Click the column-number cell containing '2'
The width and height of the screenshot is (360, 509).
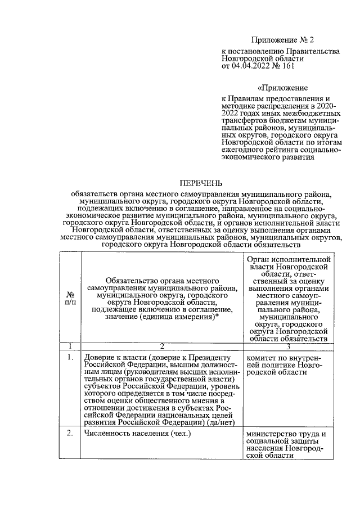click(161, 345)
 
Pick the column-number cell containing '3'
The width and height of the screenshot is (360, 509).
click(287, 345)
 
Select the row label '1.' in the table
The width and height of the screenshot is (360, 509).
click(71, 357)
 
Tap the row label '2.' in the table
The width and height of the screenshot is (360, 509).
click(71, 433)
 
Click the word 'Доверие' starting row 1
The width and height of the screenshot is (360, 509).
click(99, 357)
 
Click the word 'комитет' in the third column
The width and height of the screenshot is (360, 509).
click(262, 357)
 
